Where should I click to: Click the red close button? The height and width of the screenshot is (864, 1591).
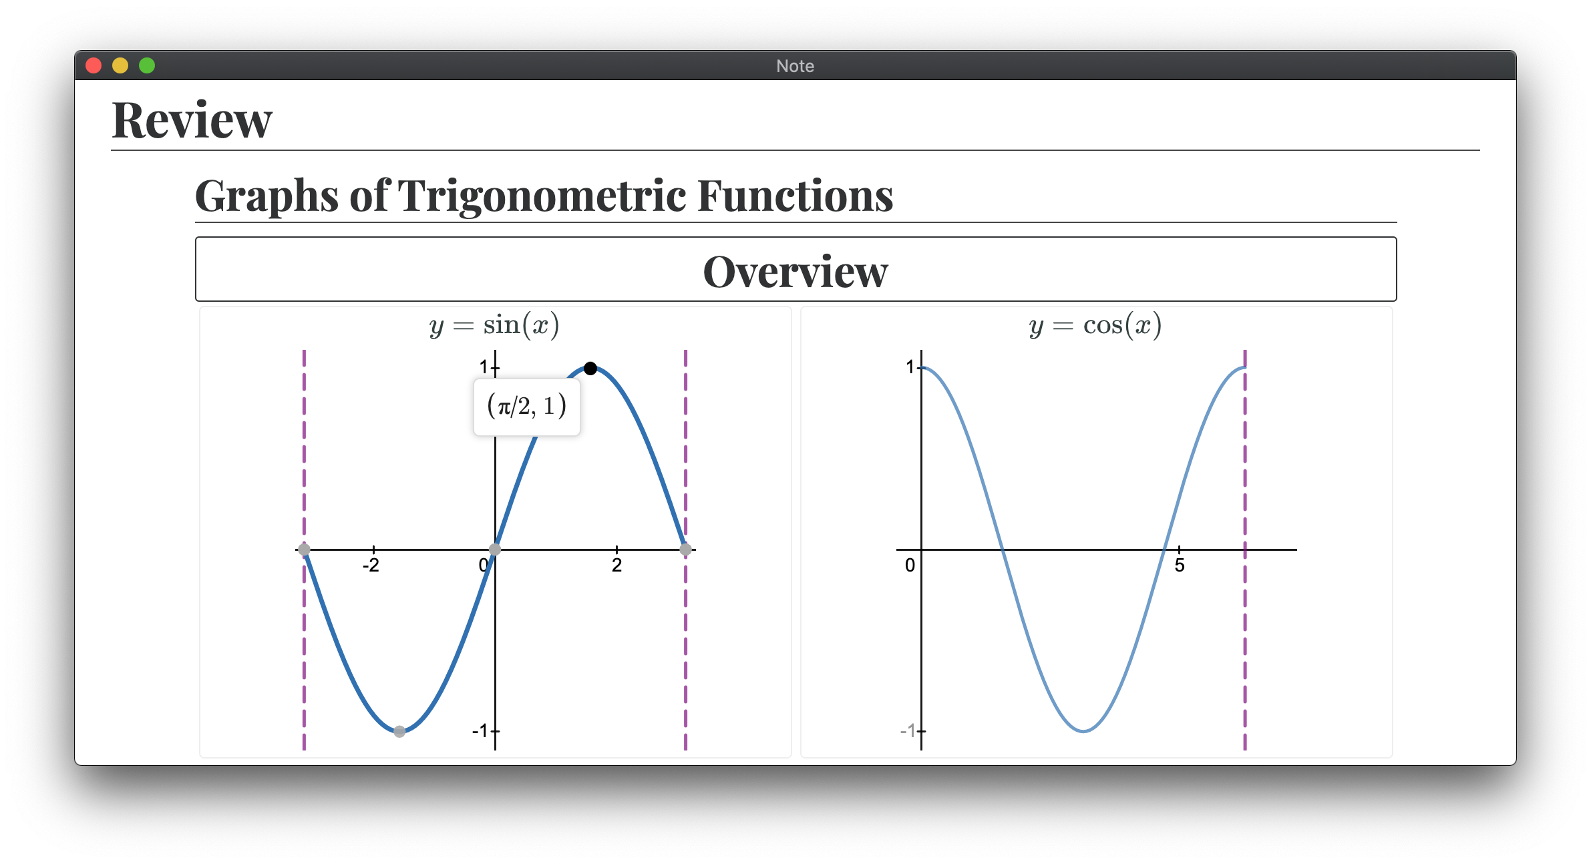(94, 65)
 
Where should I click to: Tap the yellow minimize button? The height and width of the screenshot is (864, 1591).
(120, 65)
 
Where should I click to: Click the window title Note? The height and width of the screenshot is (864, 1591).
(795, 66)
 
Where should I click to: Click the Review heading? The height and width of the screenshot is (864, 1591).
(192, 120)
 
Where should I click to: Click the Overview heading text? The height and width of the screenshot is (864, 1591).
(795, 272)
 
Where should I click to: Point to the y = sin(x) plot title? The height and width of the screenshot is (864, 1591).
(494, 325)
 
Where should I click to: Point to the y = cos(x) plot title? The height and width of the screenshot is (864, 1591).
(1095, 325)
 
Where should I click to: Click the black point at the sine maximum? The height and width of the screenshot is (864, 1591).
(590, 369)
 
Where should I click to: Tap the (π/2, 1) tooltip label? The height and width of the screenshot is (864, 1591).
(527, 406)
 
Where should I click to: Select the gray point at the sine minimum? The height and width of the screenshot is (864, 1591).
(399, 731)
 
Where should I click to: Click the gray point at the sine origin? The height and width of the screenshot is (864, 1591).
(495, 550)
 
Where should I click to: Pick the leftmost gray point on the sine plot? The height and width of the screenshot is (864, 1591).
(304, 550)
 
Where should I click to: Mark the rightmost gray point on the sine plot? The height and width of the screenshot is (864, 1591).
(685, 550)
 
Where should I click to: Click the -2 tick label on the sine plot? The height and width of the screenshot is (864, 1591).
(371, 566)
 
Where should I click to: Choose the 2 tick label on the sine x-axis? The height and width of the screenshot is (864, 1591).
(616, 566)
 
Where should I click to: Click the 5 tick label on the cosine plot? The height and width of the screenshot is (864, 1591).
(1180, 566)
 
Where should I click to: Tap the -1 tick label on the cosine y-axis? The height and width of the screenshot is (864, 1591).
(908, 731)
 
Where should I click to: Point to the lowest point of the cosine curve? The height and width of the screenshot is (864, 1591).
(1083, 731)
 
